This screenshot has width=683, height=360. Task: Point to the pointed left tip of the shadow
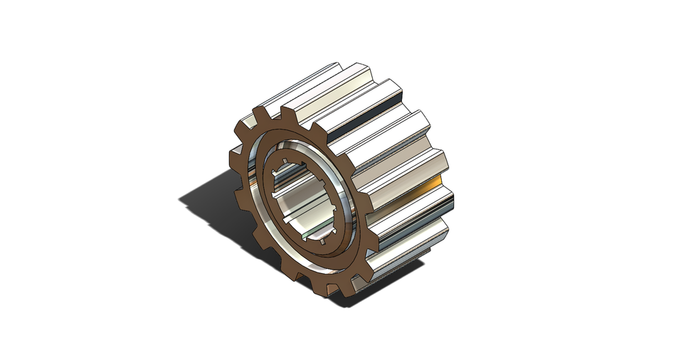181,200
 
